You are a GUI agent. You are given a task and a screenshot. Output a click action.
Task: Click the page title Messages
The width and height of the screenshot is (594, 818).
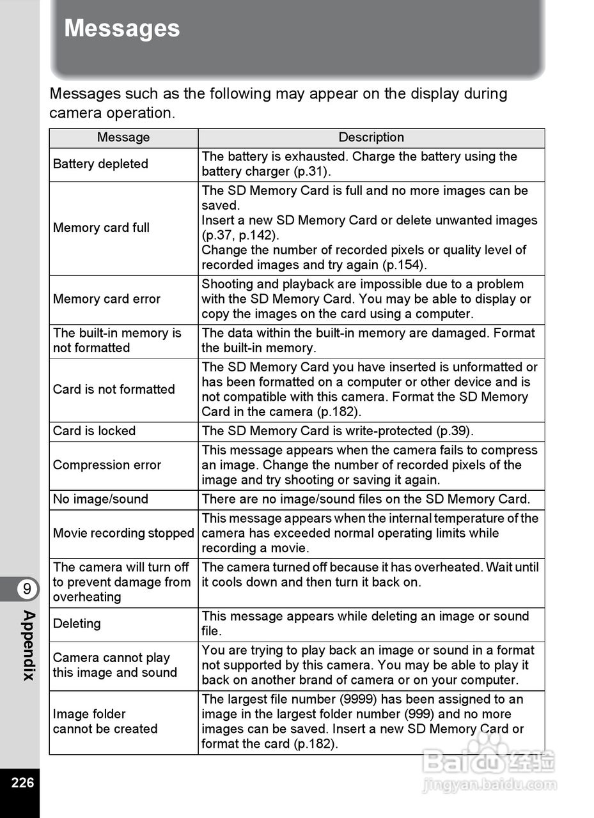click(x=121, y=29)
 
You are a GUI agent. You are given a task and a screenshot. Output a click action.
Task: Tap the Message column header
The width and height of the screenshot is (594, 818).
click(x=123, y=137)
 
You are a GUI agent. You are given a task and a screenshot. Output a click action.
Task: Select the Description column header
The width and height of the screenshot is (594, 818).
click(x=371, y=137)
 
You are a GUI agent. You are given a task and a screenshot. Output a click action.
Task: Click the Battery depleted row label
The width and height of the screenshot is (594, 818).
click(x=100, y=164)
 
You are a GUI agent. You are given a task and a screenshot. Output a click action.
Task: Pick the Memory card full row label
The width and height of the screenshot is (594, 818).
click(x=101, y=228)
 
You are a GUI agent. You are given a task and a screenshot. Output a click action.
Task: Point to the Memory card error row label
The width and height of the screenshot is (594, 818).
click(x=107, y=299)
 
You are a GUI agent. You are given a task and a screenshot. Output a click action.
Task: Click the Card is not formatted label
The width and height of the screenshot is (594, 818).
click(x=114, y=389)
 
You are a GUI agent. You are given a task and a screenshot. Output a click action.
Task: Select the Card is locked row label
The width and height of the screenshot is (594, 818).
click(x=94, y=431)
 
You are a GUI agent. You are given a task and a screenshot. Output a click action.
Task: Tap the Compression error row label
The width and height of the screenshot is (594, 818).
click(x=107, y=465)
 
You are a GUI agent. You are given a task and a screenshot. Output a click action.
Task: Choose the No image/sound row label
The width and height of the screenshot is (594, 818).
click(x=100, y=499)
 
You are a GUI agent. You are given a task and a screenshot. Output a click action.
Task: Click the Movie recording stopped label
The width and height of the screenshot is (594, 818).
click(x=123, y=533)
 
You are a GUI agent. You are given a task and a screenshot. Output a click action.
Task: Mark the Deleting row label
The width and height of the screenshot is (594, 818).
click(x=77, y=624)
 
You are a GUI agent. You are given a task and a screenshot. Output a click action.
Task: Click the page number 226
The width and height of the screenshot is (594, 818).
click(x=22, y=782)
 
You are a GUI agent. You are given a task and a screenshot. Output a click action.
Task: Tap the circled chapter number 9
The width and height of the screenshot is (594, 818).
click(x=26, y=589)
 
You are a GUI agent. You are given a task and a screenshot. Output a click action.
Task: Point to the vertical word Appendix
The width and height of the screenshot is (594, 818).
click(x=28, y=645)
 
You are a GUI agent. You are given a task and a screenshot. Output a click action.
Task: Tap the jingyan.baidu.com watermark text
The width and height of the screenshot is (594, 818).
click(x=489, y=784)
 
